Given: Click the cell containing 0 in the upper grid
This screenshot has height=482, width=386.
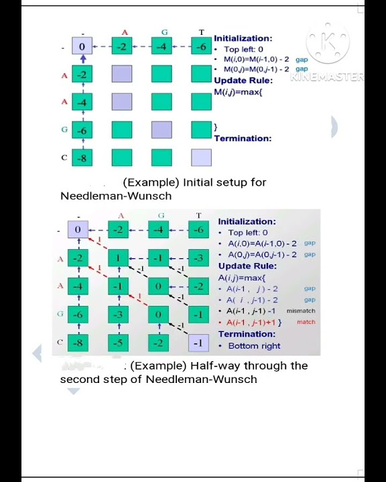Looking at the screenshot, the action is [x=82, y=46].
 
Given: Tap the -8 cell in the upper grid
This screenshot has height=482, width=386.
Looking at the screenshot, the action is [x=82, y=158].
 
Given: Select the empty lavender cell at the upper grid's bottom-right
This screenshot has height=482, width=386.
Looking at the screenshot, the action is [x=201, y=158].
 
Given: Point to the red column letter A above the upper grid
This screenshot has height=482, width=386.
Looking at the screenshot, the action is [x=125, y=31].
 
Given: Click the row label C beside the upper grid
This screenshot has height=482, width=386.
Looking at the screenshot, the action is [x=64, y=158].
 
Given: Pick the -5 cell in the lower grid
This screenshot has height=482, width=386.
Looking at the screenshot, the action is [x=118, y=342].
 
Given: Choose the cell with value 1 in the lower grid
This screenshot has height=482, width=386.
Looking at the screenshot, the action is [x=118, y=258].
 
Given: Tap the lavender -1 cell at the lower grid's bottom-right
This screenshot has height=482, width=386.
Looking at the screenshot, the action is [x=198, y=342].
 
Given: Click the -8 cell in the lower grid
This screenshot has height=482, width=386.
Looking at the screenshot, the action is [x=78, y=342].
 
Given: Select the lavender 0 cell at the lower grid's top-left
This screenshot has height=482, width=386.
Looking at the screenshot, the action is [x=78, y=230].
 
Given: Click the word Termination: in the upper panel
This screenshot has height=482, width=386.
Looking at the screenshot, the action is [x=243, y=139].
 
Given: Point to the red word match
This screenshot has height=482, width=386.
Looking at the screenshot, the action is [x=306, y=322].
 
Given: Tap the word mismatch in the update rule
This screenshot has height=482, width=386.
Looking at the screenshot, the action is [x=300, y=311].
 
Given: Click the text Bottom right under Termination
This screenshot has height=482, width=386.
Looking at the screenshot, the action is [x=254, y=345].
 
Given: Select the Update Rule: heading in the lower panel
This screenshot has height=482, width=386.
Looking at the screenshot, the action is [x=247, y=266].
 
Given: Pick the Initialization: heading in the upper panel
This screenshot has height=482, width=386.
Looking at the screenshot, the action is [x=243, y=39].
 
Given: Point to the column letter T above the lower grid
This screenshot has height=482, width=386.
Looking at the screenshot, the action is [x=198, y=216].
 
